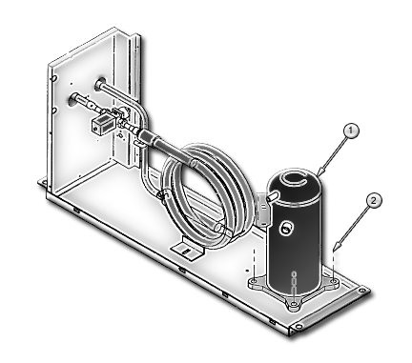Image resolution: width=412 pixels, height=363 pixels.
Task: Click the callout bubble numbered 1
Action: [x=351, y=131]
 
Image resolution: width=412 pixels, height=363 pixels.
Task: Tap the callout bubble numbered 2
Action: [x=374, y=201]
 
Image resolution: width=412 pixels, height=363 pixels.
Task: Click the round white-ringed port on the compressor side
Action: [x=285, y=228]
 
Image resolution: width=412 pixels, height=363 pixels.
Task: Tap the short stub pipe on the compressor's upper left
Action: [x=274, y=195]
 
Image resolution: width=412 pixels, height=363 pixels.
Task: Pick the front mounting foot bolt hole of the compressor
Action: [x=295, y=305]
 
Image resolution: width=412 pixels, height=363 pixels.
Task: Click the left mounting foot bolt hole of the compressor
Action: [x=254, y=282]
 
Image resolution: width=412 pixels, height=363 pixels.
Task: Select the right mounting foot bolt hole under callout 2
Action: [x=333, y=281]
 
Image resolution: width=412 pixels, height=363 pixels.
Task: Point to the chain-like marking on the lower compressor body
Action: [x=295, y=282]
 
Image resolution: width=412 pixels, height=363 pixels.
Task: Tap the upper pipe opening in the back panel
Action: [x=100, y=83]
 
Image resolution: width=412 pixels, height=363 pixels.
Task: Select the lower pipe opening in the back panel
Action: [x=73, y=100]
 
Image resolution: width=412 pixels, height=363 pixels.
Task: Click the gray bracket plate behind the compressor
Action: [x=262, y=210]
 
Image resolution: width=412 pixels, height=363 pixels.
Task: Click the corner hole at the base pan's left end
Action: [x=44, y=183]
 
